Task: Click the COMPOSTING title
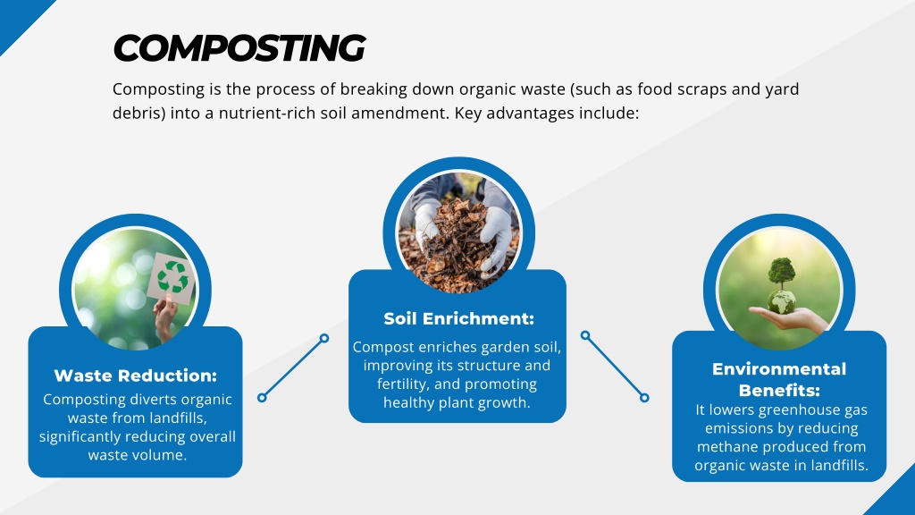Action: [x=239, y=47]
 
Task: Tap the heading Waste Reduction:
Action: [x=136, y=376]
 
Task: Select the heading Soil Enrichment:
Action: [x=458, y=319]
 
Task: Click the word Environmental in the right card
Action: [x=779, y=369]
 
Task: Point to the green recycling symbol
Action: [x=172, y=277]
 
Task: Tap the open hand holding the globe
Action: [x=788, y=320]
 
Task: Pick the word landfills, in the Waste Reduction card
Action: [x=178, y=418]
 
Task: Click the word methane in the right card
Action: [x=724, y=447]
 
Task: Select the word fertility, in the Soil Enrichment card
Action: [x=403, y=384]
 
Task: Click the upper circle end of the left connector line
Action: [x=324, y=338]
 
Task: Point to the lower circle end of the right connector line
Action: [x=644, y=398]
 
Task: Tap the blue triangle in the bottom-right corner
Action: [x=895, y=496]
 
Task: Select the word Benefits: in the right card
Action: [x=779, y=390]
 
